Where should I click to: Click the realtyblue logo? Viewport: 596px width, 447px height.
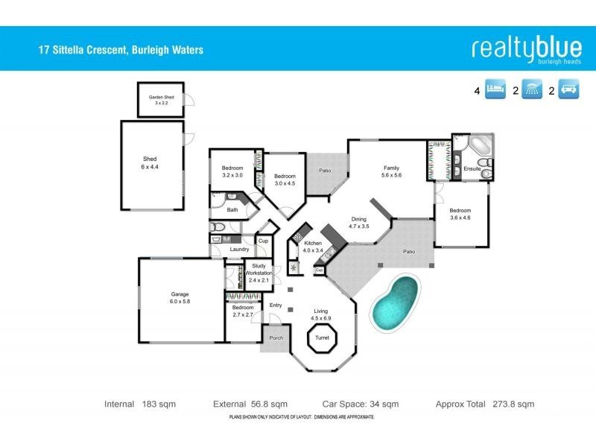point(526,48)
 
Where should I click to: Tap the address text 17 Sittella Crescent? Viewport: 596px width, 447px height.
point(121,51)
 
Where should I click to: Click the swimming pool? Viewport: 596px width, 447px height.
point(393,300)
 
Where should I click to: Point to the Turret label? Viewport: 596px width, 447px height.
point(322,338)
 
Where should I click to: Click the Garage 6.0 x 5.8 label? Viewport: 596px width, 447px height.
point(180,298)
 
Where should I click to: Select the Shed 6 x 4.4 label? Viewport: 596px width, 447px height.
point(150,163)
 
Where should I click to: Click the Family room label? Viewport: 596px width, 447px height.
point(392,171)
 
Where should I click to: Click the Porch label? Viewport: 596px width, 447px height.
point(274,338)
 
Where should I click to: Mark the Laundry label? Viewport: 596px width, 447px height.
point(239,250)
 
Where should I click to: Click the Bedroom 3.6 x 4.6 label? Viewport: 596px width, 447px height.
point(460,214)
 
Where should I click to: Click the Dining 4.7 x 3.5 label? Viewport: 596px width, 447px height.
point(359,222)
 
